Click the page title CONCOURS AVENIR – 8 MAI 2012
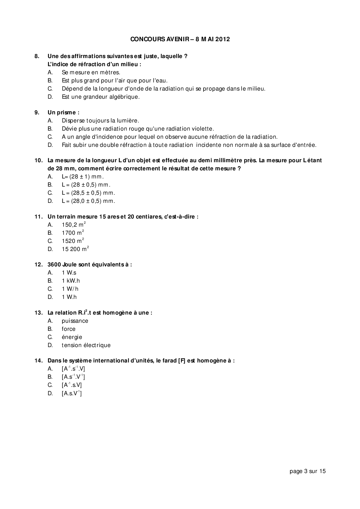point(180,39)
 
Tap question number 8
point(37,56)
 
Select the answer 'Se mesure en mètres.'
point(91,73)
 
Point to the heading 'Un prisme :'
point(63,113)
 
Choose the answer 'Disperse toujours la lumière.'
point(100,121)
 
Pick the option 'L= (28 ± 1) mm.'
point(83,177)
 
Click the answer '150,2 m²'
point(73,225)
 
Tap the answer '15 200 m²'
point(75,249)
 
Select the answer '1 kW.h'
point(71,281)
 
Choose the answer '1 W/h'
point(70,289)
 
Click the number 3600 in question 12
point(54,265)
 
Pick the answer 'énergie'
point(72,337)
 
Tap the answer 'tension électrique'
point(86,345)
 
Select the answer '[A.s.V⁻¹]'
point(71,394)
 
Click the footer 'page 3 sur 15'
point(307,471)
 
